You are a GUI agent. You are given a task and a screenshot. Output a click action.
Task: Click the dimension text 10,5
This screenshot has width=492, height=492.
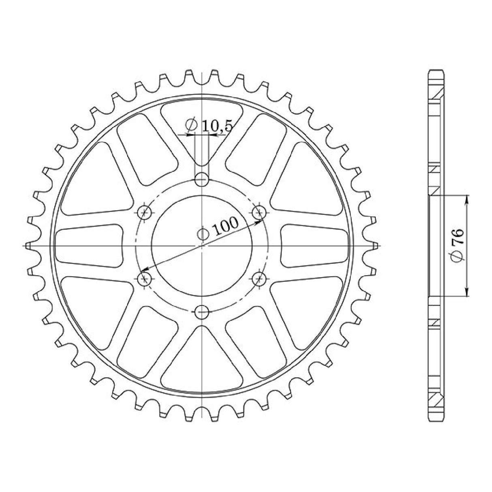217,126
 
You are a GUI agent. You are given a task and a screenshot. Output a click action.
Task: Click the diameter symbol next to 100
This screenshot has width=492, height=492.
203,233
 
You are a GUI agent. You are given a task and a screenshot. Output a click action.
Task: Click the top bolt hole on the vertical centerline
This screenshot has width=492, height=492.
201,179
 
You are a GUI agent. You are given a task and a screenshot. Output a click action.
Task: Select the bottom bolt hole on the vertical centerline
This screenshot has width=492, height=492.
201,312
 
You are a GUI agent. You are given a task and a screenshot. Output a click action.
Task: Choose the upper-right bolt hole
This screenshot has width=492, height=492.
259,212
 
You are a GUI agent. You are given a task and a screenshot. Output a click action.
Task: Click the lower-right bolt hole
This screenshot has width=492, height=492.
259,278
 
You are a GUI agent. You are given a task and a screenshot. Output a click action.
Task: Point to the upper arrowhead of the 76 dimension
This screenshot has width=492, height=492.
467,199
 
